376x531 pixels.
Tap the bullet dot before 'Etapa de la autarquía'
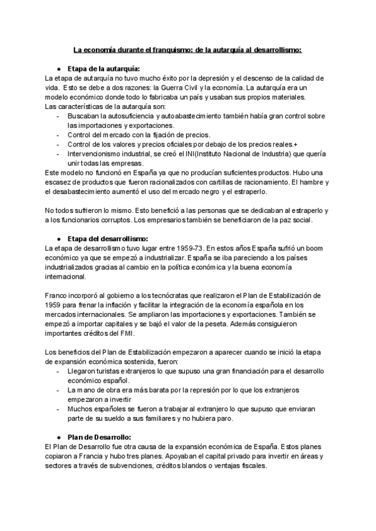click(58, 68)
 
